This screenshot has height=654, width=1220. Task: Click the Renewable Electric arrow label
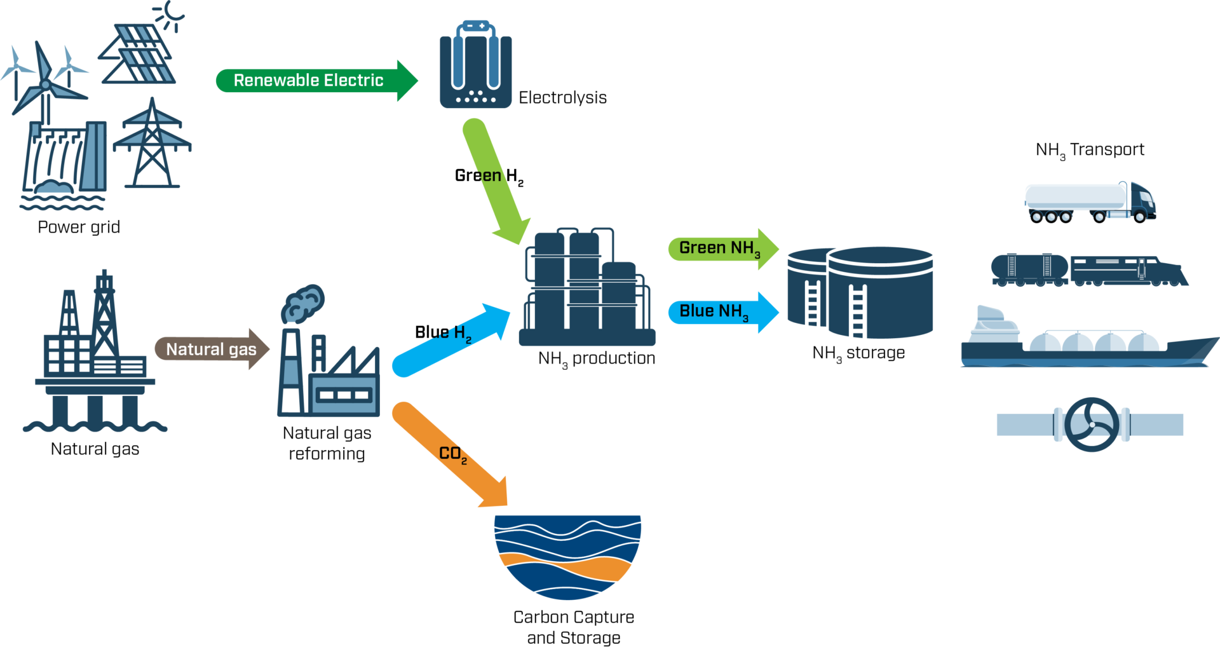309,81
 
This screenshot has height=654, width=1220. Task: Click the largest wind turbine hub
45,85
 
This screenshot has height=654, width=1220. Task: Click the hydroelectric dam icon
64,159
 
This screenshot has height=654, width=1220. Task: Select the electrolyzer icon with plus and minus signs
475,64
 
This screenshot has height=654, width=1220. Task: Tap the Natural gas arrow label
211,349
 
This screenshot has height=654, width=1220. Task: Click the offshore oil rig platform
95,356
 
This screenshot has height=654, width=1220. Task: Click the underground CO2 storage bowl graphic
567,556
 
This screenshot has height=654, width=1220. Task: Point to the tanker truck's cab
1141,201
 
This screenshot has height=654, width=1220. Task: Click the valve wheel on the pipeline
1091,425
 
